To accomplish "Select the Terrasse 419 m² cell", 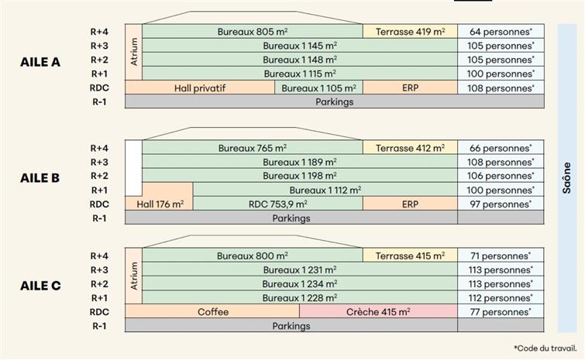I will (410, 32).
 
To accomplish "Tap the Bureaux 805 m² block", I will (253, 32).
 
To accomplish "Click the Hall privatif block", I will (200, 87).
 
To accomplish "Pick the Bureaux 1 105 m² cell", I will (318, 87).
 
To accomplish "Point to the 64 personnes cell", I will (501, 32).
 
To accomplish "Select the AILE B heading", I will (40, 177).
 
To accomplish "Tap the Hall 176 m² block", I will (160, 204).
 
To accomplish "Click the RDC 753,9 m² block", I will (277, 204).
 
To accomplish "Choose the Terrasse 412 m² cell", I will (410, 148).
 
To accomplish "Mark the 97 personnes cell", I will (501, 204).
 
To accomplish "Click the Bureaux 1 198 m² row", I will (300, 176).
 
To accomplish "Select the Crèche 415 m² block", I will (378, 312).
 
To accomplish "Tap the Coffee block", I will (213, 312).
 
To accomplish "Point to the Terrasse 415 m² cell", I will (410, 255).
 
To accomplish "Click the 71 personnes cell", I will (501, 255).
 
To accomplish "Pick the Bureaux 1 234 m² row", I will (300, 283).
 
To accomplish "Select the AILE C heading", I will (40, 285).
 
